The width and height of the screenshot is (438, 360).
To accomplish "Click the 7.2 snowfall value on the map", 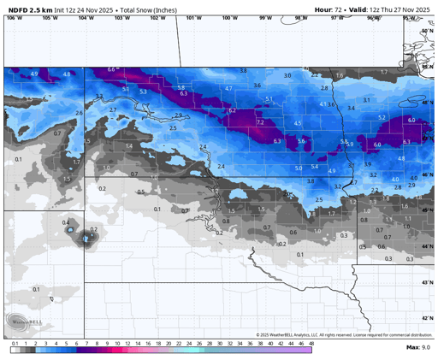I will (x=260, y=123).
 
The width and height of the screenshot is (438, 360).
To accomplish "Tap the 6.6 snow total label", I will (x=111, y=69).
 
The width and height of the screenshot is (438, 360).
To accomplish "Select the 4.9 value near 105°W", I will (x=34, y=74).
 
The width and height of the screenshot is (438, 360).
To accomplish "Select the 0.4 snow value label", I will (x=66, y=222).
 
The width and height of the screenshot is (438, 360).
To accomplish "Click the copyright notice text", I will (x=342, y=334).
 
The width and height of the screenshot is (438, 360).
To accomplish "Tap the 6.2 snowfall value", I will (x=231, y=111).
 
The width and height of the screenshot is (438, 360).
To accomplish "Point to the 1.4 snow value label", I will (x=128, y=146).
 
